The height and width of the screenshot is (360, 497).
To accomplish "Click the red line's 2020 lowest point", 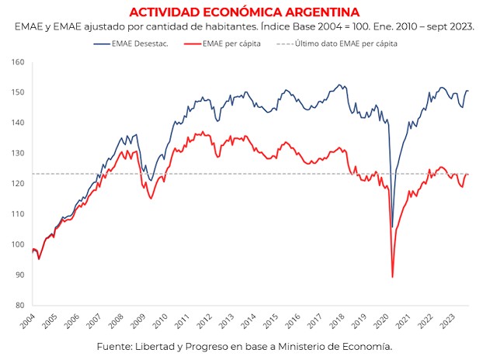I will tap(392, 277).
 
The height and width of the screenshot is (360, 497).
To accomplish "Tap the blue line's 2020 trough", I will tap(392, 226).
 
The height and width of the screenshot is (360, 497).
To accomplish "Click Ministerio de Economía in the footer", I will tap(344, 346).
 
